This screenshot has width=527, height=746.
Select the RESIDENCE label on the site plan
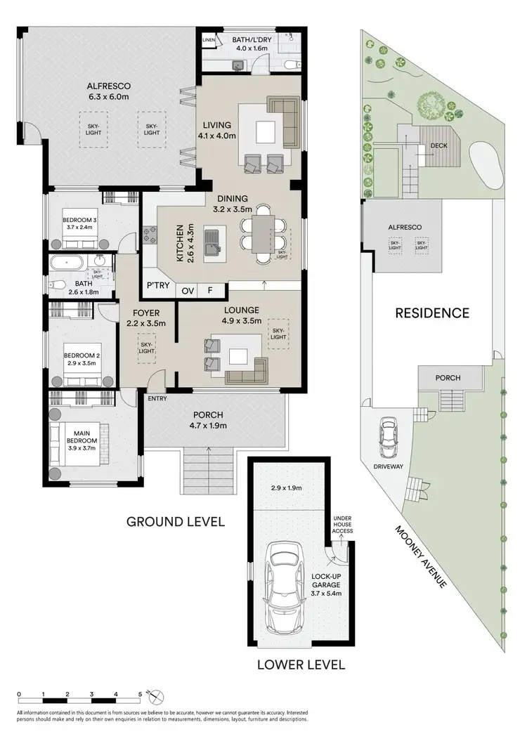(431, 313)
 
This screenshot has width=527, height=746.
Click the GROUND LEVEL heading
(175, 521)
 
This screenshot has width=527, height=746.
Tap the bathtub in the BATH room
(71, 265)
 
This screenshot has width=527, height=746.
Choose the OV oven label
(188, 290)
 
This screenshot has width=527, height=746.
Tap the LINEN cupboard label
(209, 40)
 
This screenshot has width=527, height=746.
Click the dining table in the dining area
(262, 233)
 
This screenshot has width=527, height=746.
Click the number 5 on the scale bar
(139, 695)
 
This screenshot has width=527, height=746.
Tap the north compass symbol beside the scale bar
(158, 696)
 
